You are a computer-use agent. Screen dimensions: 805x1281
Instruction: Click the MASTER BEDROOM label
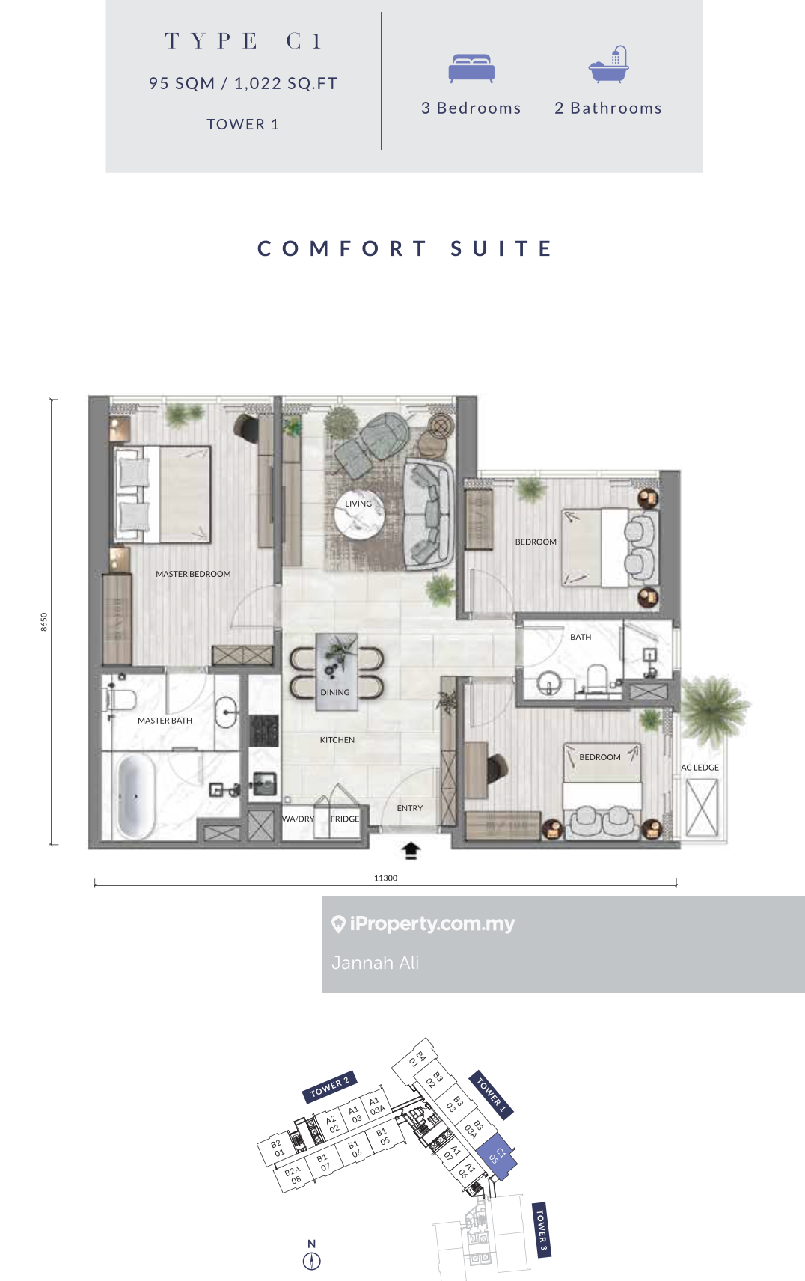click(x=193, y=574)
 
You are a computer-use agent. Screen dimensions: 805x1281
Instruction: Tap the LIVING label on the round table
click(x=358, y=504)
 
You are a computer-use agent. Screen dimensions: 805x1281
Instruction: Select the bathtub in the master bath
click(x=135, y=796)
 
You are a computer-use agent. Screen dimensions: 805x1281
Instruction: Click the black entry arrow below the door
click(x=411, y=850)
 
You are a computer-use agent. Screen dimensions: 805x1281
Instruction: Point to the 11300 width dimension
click(x=385, y=878)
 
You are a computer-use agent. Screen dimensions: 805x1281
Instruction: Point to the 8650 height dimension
click(x=44, y=622)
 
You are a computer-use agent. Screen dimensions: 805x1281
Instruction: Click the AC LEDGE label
click(x=700, y=768)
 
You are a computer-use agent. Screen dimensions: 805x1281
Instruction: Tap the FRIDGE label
click(x=345, y=819)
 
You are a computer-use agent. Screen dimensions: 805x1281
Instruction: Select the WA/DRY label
click(x=298, y=819)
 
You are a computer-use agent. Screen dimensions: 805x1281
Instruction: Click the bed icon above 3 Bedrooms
click(x=471, y=68)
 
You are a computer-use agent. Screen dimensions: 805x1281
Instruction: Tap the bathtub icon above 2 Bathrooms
click(x=609, y=64)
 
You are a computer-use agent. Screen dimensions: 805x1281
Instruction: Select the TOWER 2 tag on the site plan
click(x=329, y=1086)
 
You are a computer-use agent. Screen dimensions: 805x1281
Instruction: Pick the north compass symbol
click(x=311, y=1261)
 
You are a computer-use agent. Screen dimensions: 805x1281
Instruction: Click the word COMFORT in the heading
click(x=342, y=248)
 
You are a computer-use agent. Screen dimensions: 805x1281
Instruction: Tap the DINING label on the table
click(x=335, y=692)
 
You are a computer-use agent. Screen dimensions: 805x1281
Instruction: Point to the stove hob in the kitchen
click(x=263, y=730)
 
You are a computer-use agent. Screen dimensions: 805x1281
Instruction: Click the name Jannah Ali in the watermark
click(x=375, y=963)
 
